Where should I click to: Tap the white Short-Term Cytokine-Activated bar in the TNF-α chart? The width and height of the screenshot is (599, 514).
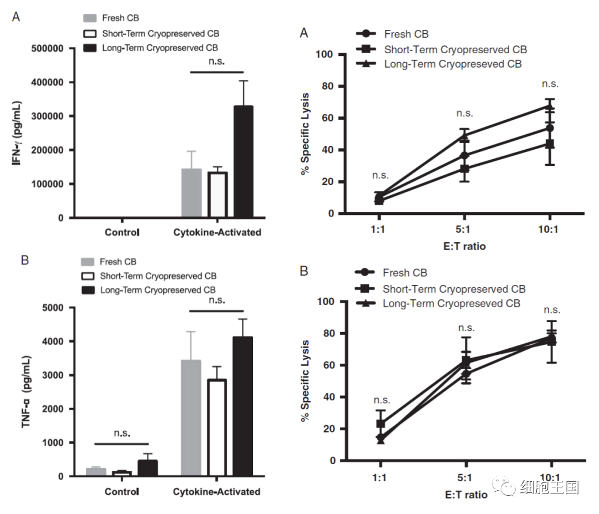pos(217,428)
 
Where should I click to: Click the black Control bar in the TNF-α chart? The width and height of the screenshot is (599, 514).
pos(147,468)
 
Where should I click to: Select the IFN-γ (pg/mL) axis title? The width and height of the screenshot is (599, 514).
pos(18,133)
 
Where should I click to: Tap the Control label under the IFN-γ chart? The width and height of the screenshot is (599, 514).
pos(122,232)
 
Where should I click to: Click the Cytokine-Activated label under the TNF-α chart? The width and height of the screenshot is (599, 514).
pos(216,492)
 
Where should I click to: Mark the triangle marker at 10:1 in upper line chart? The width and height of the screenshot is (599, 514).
pos(549,106)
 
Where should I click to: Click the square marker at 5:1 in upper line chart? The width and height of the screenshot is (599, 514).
pos(465,169)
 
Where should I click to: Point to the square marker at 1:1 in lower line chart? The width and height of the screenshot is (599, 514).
pos(380,424)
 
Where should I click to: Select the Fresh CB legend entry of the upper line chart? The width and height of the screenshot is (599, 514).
pos(405,34)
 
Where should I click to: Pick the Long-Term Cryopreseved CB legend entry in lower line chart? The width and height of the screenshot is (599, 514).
pos(451,303)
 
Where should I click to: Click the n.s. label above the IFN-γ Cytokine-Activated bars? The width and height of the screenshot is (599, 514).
pos(216,62)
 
